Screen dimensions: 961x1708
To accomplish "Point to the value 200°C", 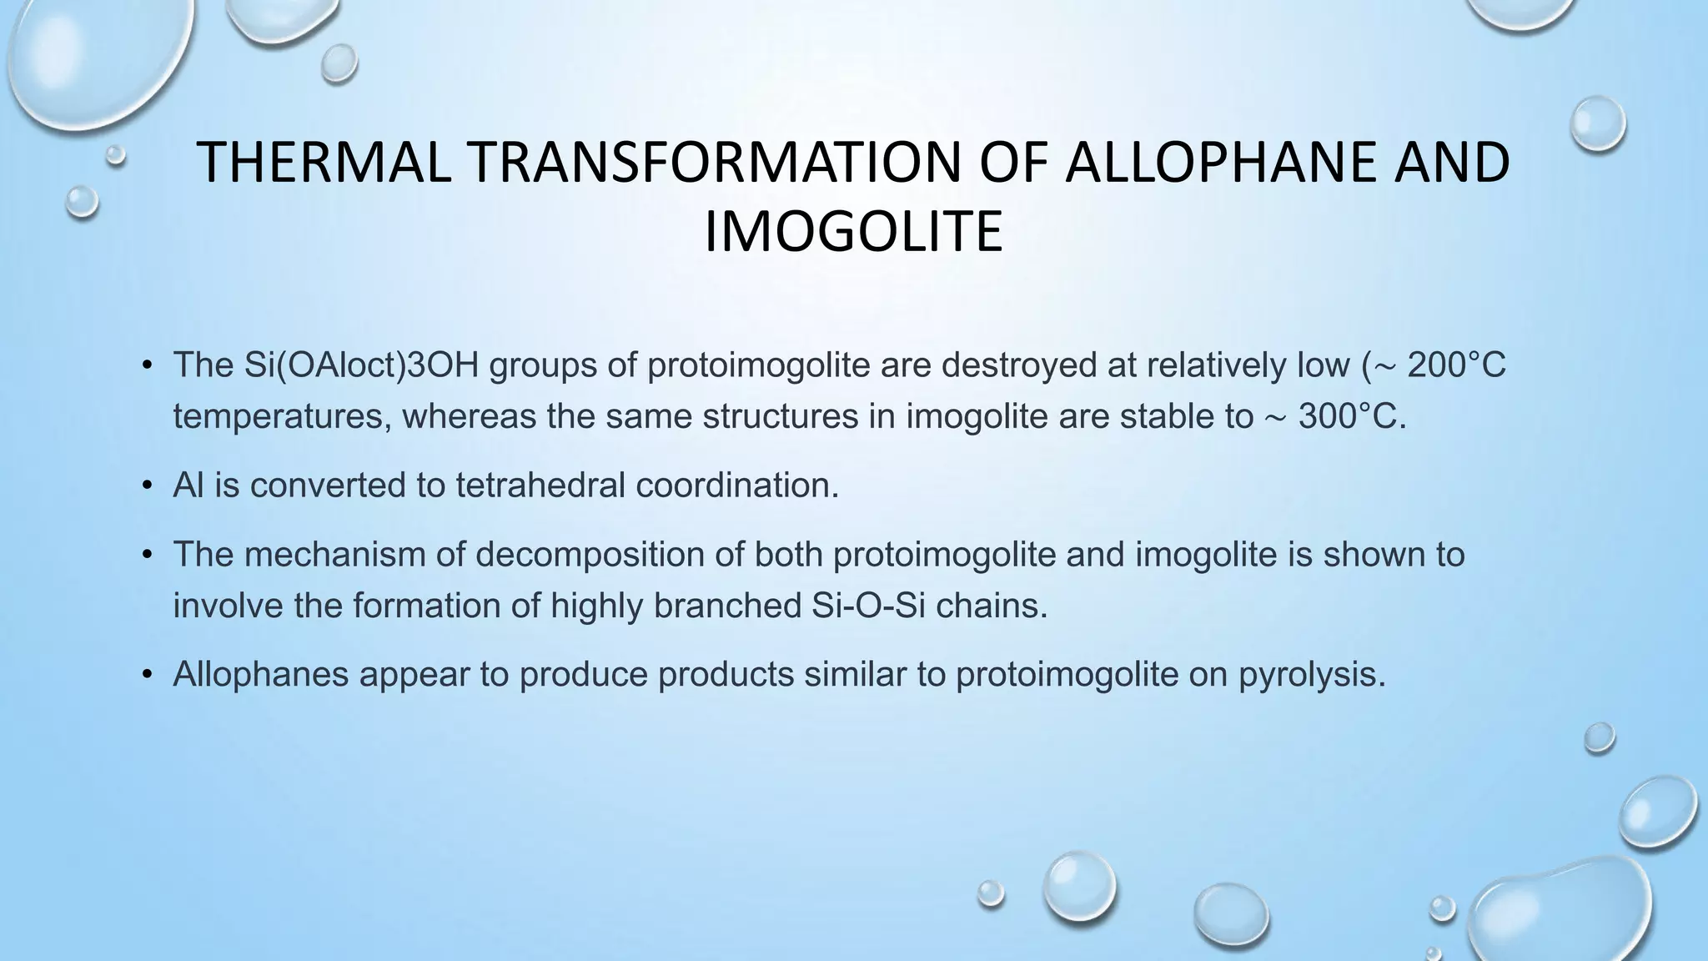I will point(1456,365).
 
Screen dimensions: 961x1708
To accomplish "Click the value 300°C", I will point(1351,416).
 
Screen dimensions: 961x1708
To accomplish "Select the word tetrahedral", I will point(540,485).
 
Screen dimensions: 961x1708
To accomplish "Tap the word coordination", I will point(737,485).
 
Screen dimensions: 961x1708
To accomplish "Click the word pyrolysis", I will point(1311,674).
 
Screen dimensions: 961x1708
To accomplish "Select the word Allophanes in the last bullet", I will point(260,674).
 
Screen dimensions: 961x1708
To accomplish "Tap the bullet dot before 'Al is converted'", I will point(148,486).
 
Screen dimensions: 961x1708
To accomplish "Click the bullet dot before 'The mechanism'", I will point(148,555).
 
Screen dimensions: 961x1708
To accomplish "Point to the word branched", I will point(728,606).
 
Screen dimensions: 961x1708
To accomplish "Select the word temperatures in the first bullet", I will point(281,417).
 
